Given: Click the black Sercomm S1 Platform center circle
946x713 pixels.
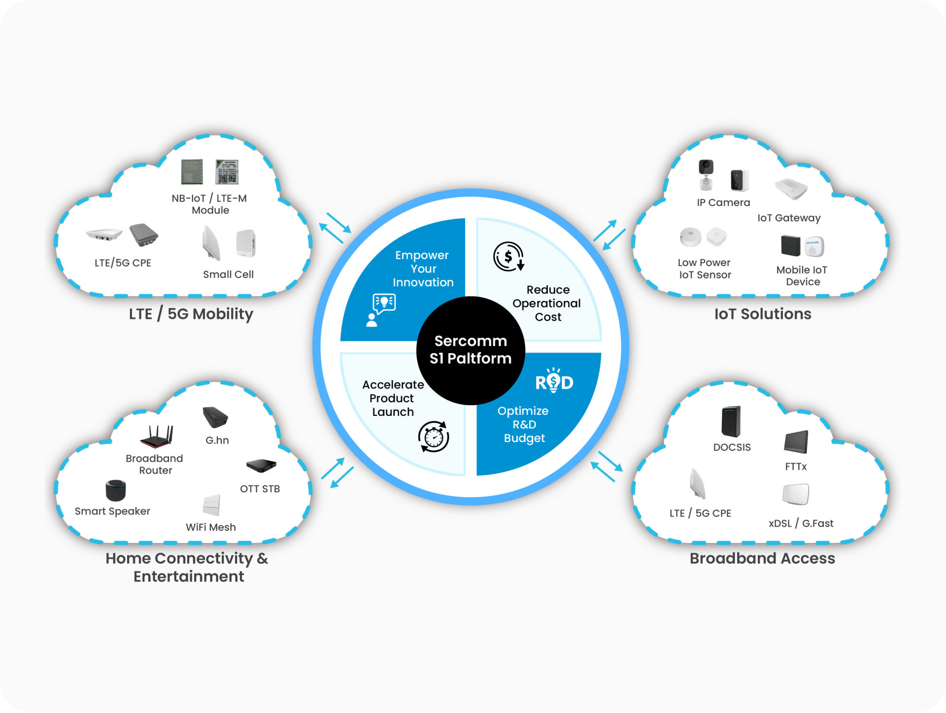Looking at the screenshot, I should point(471,350).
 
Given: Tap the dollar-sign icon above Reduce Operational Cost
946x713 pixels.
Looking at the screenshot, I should point(508,257).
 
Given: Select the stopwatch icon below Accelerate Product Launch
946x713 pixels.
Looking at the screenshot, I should point(434,437).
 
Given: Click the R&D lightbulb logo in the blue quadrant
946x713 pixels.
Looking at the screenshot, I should point(554,380).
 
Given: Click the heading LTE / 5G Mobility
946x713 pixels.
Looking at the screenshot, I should point(191,314).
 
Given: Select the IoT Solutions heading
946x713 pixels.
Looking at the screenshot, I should point(763,314).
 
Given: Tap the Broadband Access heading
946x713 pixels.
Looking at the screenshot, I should point(762,558).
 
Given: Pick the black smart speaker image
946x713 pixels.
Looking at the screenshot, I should point(116,490).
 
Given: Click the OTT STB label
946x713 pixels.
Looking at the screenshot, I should point(260,489).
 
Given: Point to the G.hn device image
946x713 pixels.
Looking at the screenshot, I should point(215,417).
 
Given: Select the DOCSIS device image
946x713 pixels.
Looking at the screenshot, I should point(731,421).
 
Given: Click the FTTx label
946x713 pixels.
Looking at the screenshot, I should point(796,467).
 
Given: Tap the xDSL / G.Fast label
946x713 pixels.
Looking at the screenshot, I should point(801,523).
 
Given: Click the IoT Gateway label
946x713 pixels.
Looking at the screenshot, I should point(789,218).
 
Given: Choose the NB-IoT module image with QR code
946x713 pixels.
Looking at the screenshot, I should point(227,172).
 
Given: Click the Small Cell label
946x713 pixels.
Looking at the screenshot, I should point(228,274).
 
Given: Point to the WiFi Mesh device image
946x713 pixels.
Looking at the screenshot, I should point(211,505).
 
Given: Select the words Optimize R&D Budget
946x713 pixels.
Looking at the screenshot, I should point(524,424).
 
